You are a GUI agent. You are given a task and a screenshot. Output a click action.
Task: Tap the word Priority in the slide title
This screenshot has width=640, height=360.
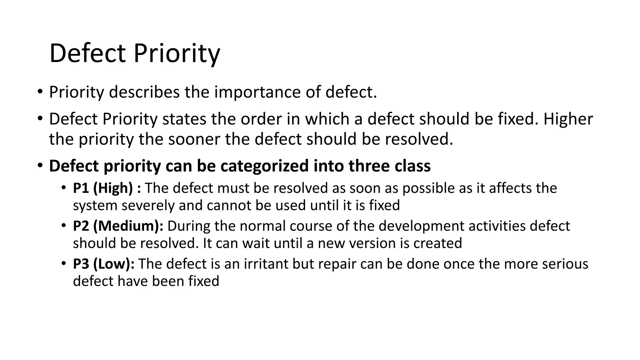177,53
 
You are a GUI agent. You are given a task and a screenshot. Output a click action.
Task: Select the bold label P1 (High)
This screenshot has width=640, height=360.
103,188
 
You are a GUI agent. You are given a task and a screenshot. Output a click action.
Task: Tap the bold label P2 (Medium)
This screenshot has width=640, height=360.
118,226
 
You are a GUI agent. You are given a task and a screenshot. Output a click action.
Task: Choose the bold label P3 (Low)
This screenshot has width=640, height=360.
104,264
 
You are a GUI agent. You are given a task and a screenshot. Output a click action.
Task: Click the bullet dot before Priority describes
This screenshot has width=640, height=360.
39,92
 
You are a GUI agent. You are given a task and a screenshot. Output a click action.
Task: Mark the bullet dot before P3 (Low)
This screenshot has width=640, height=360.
64,264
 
